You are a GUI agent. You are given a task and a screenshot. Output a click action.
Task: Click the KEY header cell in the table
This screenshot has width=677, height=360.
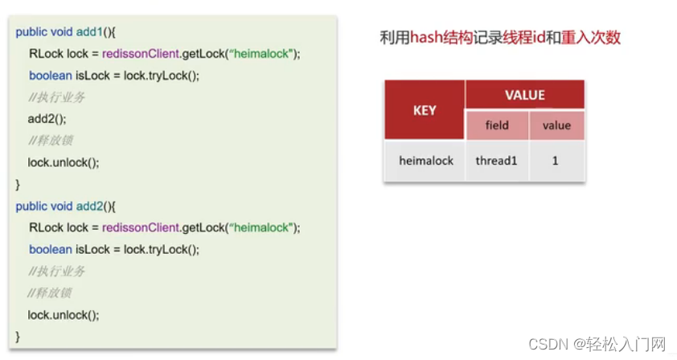425,110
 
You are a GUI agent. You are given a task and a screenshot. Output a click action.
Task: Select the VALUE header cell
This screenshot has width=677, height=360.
524,96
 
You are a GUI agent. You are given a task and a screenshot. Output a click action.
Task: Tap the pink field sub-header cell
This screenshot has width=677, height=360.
497,125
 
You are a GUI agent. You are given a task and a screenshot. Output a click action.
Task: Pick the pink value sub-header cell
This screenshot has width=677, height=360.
556,125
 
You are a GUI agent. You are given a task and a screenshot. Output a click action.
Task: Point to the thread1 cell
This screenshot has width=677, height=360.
497,161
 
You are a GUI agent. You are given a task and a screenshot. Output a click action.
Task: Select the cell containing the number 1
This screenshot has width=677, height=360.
556,161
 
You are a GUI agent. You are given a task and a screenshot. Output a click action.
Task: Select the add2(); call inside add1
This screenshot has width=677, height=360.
47,119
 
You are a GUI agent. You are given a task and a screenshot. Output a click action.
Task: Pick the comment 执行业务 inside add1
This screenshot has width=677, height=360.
56,97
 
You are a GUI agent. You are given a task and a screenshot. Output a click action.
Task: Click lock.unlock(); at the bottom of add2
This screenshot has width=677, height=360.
64,315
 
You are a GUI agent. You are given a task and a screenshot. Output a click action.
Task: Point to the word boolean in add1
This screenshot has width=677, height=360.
50,76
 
